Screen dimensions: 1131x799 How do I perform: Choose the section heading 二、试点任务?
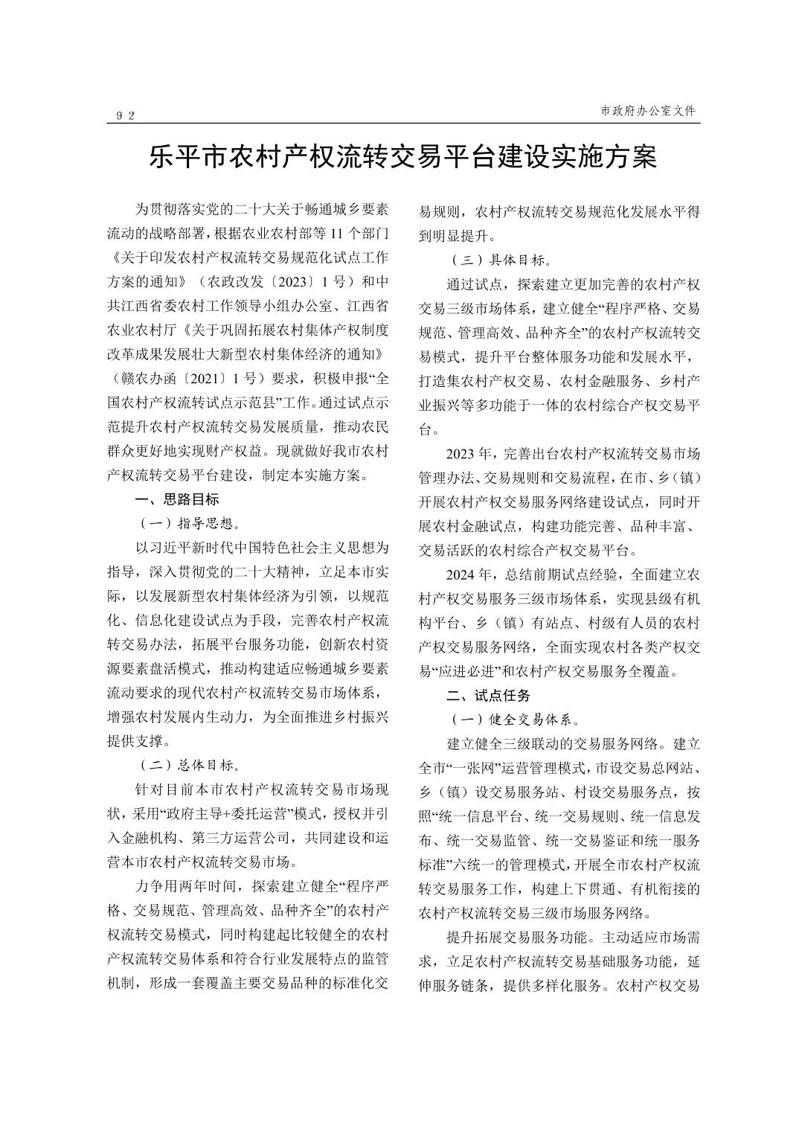pos(488,696)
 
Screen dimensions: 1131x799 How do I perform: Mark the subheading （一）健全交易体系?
pos(513,720)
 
